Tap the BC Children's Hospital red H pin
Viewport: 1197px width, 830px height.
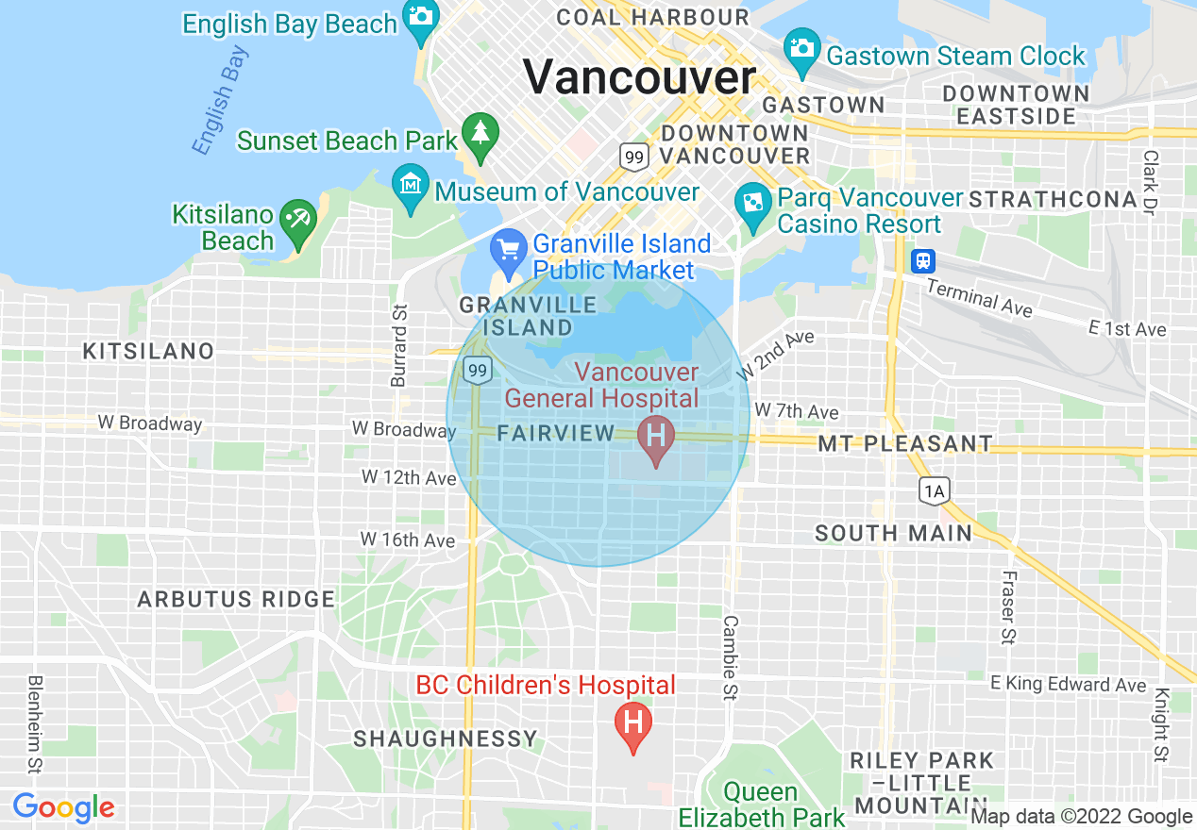tap(633, 724)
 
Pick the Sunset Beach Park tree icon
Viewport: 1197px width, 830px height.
tap(480, 131)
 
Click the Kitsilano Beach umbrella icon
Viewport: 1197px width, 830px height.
tap(299, 219)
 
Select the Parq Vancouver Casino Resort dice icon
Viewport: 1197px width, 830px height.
tap(753, 204)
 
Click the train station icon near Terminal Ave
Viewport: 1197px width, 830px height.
tap(922, 261)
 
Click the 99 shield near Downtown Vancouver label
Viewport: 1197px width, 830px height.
tap(632, 157)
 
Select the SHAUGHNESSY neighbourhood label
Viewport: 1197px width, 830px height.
tap(446, 739)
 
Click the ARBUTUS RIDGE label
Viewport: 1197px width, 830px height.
tap(236, 599)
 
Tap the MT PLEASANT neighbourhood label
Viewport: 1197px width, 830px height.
tap(905, 443)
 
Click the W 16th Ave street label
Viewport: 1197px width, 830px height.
tap(408, 540)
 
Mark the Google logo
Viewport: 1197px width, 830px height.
tap(63, 808)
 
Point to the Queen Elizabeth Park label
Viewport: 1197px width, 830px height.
tap(762, 804)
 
